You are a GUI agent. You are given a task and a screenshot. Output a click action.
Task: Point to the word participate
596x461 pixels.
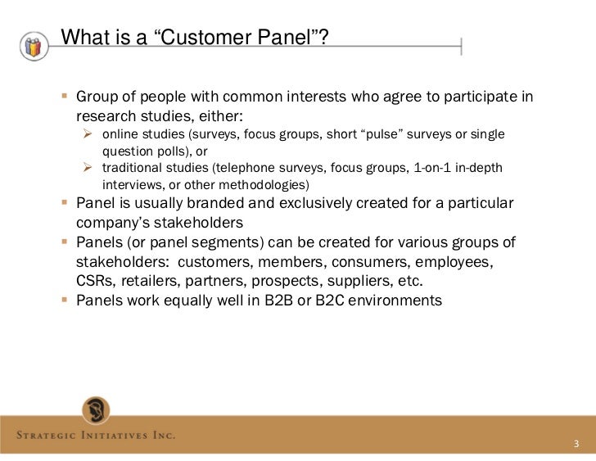472,98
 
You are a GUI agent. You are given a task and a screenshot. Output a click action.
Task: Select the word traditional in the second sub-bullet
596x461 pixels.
135,169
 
